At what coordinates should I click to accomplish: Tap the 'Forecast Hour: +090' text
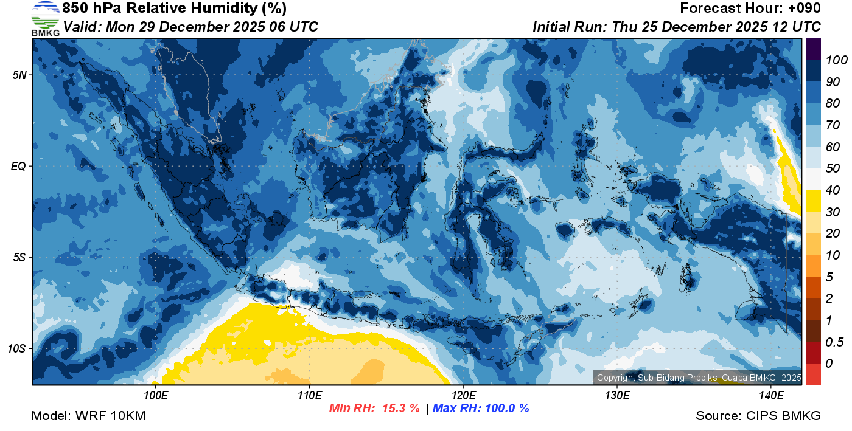750,9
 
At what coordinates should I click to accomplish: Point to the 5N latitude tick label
19,75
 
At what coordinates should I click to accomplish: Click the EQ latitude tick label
18,166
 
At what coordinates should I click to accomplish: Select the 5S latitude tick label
19,257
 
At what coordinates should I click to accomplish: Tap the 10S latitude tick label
16,348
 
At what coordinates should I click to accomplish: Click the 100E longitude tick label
156,396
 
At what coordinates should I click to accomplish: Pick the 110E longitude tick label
310,396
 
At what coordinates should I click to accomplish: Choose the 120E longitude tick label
464,396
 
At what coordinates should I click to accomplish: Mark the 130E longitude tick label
617,396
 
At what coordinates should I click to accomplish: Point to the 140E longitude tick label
771,396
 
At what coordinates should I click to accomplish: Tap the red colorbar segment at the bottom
813,373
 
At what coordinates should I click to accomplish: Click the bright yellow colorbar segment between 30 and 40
813,201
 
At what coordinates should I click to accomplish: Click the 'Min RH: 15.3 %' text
374,409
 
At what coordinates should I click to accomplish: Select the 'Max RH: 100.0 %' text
481,409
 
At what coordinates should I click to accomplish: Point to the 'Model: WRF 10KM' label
88,416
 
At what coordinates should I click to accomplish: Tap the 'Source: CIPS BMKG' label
758,416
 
